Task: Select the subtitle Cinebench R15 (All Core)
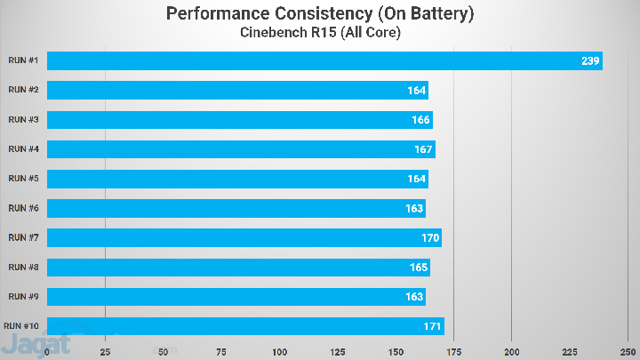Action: (x=319, y=33)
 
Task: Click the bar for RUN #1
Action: (x=324, y=60)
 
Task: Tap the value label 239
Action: (x=589, y=61)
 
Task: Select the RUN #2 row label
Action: (x=23, y=90)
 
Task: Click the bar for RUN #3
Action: (x=239, y=119)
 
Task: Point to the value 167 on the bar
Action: (x=423, y=149)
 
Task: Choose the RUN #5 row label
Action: (x=23, y=178)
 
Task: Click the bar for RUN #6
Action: (x=236, y=208)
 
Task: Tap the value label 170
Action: (x=429, y=238)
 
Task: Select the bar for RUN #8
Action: (x=238, y=267)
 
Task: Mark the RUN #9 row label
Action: (x=23, y=296)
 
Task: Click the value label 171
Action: (x=432, y=326)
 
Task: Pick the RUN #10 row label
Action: (x=23, y=325)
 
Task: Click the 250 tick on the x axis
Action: (x=628, y=351)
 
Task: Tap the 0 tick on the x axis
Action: (x=47, y=351)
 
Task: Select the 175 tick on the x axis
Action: (x=453, y=351)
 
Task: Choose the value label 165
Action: (x=418, y=268)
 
